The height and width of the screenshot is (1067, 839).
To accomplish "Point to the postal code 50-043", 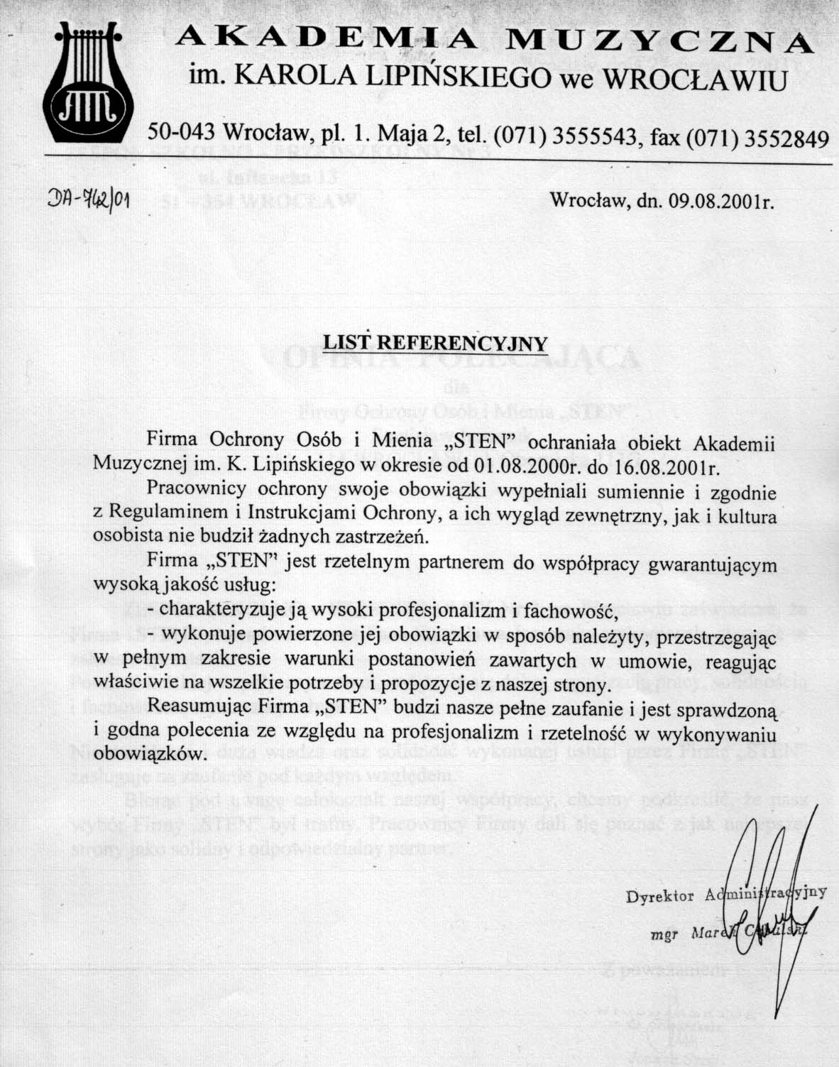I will point(182,133).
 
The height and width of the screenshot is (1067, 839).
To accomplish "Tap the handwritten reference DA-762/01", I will point(88,201).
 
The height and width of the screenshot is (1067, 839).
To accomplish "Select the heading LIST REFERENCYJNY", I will point(436,344).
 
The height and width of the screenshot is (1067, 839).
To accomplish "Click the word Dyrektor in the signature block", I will point(659,896).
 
